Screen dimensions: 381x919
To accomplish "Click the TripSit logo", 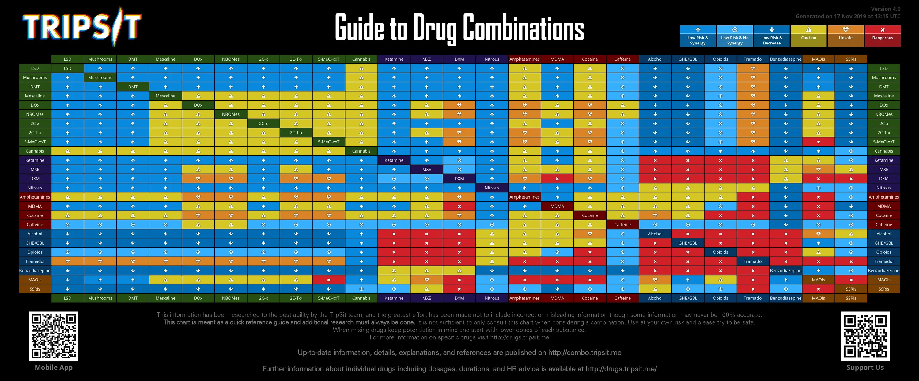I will tap(82, 27).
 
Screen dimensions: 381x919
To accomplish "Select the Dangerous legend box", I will tap(882, 36).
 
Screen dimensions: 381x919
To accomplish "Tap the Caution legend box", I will tap(808, 36).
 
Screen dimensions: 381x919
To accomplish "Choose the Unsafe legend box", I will tap(845, 36).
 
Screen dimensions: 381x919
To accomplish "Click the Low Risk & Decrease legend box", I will tap(771, 36).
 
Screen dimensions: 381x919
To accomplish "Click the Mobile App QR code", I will tap(54, 336).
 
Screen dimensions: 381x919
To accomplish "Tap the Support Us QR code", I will tap(865, 336).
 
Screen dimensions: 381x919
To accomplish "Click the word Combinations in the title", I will tap(523, 28).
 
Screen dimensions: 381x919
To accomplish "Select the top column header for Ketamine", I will tap(394, 59).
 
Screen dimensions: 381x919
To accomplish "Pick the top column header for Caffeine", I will tap(622, 59).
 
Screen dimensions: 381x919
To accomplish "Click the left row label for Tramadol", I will tap(35, 261).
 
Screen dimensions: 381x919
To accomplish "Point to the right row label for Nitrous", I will tap(883, 188).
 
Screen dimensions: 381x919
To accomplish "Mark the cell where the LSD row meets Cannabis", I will tap(361, 69).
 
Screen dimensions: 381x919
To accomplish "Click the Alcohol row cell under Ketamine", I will tap(394, 234).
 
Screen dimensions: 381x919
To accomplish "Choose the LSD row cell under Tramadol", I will tap(753, 69).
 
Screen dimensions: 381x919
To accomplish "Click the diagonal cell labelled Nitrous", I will tap(492, 188).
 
